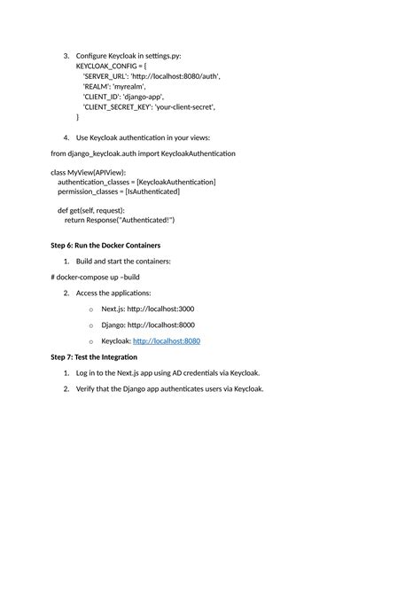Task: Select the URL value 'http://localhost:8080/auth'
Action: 175,76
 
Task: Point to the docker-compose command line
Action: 95,277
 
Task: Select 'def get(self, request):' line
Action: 91,210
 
